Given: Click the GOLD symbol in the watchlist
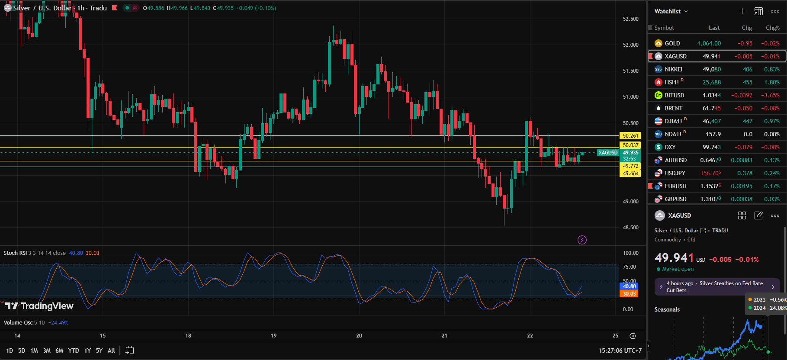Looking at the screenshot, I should coord(672,43).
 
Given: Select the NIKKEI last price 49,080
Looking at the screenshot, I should coord(711,69).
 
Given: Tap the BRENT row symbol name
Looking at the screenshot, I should coord(673,108).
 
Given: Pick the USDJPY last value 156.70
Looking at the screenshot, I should coord(710,173).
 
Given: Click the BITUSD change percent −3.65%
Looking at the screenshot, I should coord(770,95).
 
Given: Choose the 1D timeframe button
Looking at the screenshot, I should coord(10,350).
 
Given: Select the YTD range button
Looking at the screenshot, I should coord(74,350).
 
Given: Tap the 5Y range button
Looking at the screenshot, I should coord(99,350).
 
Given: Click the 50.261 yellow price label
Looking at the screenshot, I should coord(630,136).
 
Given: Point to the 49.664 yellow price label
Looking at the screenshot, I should coord(630,174).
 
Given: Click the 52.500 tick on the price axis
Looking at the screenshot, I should coord(630,19).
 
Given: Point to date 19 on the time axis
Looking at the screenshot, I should coord(273,335).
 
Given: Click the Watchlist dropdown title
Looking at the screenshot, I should coord(670,11).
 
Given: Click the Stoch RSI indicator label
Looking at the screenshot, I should coord(15,253).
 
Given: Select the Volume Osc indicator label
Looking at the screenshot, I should coord(18,322).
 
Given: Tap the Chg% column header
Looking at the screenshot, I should coord(772,28).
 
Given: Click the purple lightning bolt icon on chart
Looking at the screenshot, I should coord(582,240).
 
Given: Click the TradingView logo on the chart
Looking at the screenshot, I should coord(39,306).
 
